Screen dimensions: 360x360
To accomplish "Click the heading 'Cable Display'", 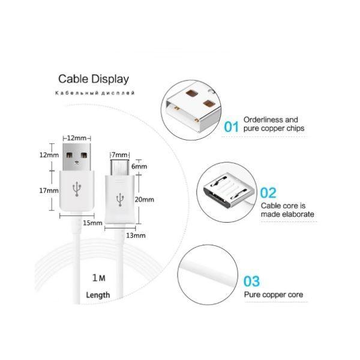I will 93,79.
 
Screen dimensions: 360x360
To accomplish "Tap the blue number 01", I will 232,127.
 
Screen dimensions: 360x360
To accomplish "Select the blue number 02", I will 268,193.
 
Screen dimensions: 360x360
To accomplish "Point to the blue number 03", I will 251,281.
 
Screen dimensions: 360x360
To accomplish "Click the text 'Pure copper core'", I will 273,295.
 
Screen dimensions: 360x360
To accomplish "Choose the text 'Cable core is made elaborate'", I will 287,209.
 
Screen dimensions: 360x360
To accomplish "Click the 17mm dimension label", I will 49,190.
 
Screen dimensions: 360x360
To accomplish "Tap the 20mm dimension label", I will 145,199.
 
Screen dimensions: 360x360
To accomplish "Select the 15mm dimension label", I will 91,223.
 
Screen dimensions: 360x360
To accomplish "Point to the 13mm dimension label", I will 136,235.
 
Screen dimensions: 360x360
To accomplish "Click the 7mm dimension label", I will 121,155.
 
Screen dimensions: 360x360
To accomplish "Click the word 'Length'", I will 98,295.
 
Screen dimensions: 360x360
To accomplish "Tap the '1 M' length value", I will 99,278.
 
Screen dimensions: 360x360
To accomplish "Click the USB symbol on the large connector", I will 77,190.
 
